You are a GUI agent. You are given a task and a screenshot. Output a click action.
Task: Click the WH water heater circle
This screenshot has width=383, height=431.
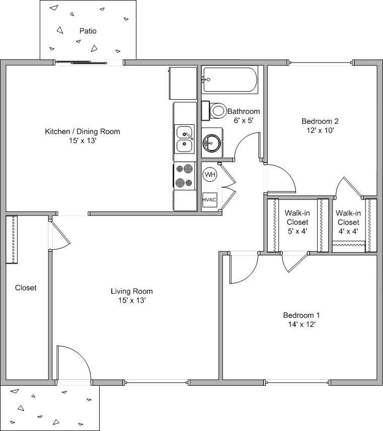point(210,175)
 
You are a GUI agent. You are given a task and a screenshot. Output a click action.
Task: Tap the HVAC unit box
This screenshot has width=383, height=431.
point(209,200)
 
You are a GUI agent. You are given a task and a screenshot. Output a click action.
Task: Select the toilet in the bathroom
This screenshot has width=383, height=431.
point(216,110)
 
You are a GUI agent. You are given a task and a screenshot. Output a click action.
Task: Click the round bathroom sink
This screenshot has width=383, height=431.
point(211,143)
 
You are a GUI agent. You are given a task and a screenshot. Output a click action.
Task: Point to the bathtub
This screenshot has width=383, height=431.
point(230,80)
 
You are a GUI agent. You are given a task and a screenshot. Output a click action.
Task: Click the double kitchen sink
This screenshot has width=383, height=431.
point(185,139)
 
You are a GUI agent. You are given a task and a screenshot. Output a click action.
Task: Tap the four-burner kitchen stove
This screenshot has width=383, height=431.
point(184,176)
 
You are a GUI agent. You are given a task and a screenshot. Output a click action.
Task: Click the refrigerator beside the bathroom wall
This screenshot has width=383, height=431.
point(182,83)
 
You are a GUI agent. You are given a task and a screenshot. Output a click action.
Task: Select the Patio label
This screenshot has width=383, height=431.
point(88,31)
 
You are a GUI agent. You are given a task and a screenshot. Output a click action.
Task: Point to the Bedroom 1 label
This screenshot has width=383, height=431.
point(301,315)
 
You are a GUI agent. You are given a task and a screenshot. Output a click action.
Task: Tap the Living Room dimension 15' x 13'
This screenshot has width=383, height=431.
point(131,300)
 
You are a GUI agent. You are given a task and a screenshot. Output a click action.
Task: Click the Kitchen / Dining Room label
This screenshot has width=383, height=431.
point(83,132)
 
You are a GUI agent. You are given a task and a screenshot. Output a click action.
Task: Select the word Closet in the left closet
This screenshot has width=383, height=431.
point(26,288)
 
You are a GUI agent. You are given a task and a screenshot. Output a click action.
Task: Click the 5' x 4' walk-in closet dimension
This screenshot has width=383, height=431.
point(297,231)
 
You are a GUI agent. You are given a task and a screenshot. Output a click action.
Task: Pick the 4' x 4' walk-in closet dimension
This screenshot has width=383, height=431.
point(348,231)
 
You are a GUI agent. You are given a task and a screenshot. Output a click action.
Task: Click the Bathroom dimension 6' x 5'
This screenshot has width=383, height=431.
point(243,120)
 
